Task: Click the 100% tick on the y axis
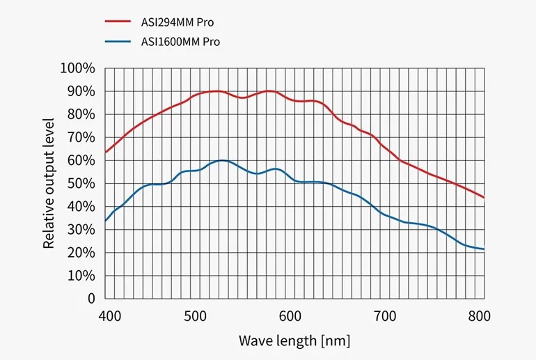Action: tap(77, 68)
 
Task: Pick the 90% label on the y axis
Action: tap(80, 91)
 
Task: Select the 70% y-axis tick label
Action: tap(80, 137)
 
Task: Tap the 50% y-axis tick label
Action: tap(80, 183)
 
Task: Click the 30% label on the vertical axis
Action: tap(80, 229)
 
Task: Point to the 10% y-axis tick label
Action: tap(80, 275)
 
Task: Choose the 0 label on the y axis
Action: tap(90, 298)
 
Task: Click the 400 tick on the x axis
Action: tap(111, 316)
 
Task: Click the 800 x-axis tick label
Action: tap(478, 316)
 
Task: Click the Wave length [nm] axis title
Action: tap(294, 341)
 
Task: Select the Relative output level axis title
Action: tap(49, 183)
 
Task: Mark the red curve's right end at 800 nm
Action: tap(483, 197)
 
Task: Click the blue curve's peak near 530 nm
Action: tap(222, 160)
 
